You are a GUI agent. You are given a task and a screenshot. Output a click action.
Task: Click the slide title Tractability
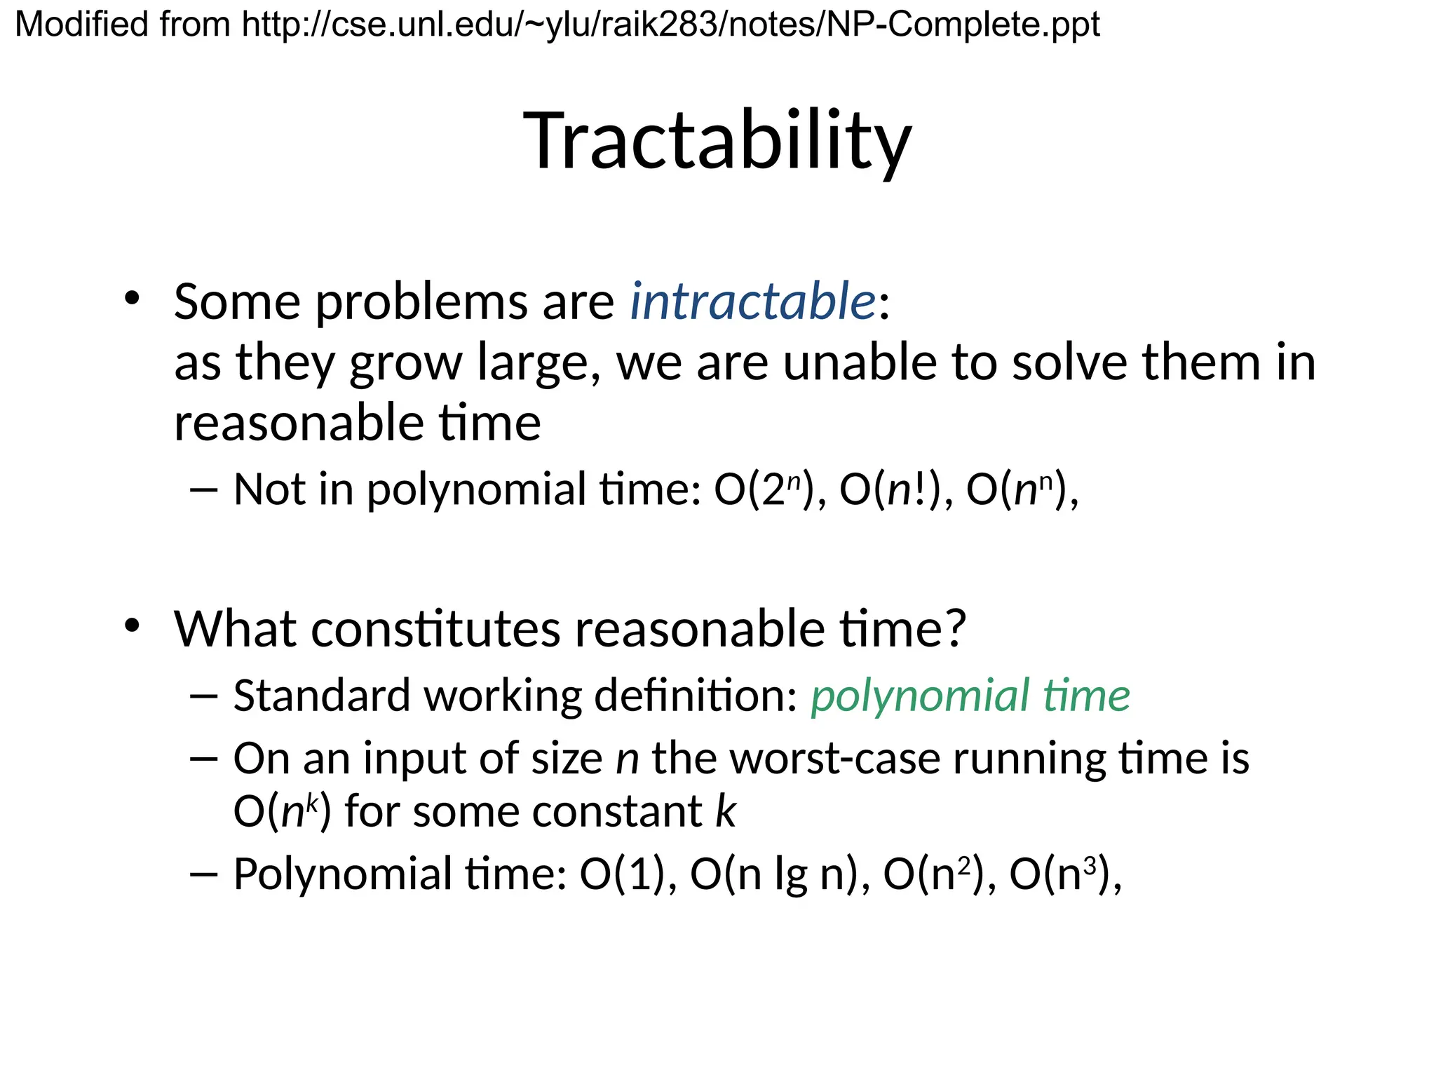(717, 142)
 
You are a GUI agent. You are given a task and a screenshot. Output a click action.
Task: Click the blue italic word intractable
(752, 302)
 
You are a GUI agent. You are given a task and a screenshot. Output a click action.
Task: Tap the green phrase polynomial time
(970, 696)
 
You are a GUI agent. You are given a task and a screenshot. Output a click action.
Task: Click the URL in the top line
(670, 25)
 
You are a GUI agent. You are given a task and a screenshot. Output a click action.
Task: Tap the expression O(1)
(621, 874)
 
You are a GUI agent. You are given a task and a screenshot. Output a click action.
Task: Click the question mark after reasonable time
(954, 628)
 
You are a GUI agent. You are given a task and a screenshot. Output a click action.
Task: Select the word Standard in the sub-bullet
(323, 696)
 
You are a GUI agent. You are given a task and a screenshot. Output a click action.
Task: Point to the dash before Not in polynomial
(204, 490)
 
